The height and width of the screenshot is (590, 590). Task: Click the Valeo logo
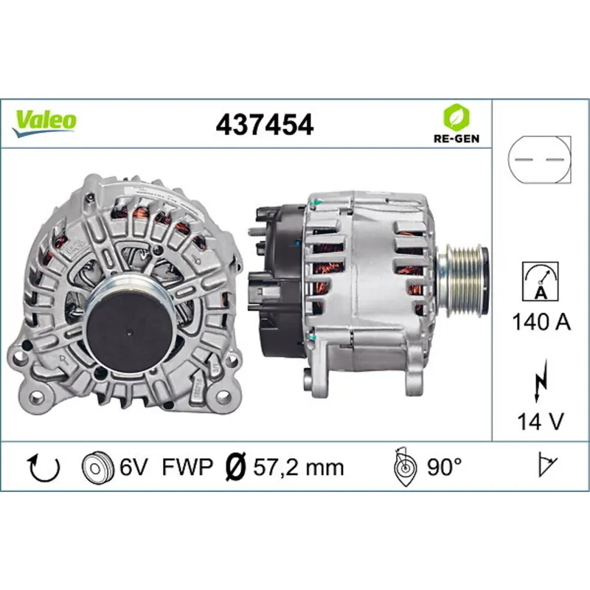coord(45,121)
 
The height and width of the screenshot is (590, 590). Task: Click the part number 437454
coord(265,125)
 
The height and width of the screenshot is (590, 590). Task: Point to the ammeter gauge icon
coord(540,281)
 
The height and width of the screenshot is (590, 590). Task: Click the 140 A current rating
coord(540,322)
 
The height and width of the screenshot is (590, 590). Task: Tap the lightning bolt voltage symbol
coord(540,383)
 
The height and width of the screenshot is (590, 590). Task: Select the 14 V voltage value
coord(540,421)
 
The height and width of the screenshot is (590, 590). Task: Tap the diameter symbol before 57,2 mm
coord(234,467)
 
